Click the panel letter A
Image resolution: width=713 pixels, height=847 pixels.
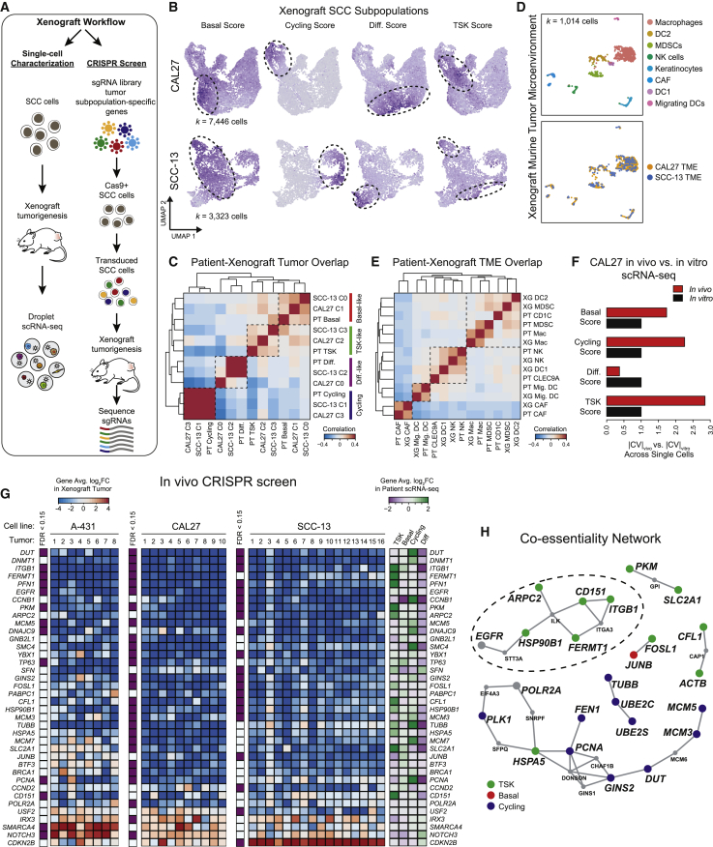point(8,9)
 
